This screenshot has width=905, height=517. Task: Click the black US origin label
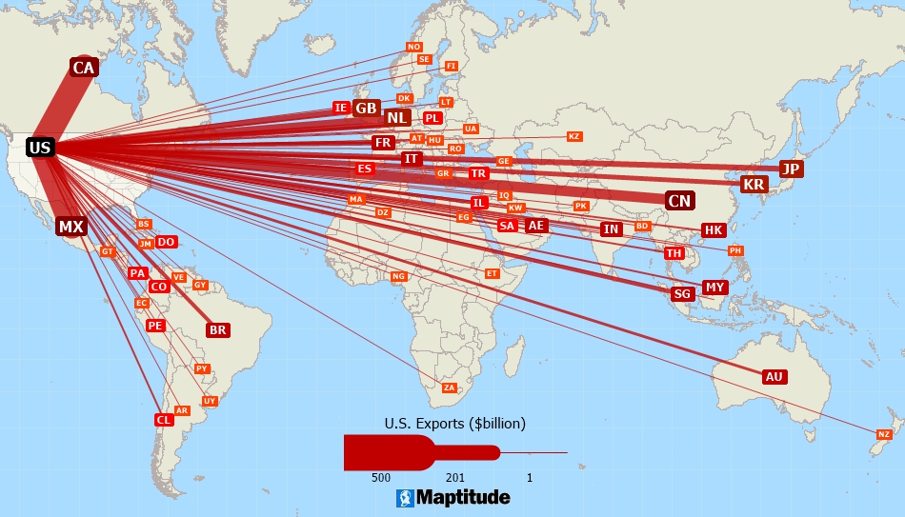pyautogui.click(x=39, y=148)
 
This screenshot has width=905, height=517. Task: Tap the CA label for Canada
pyautogui.click(x=84, y=68)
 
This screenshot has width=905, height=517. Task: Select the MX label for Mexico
pyautogui.click(x=70, y=227)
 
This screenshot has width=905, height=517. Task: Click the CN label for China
pyautogui.click(x=679, y=201)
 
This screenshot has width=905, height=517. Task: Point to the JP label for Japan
pyautogui.click(x=791, y=169)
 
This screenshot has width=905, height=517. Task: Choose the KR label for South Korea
pyautogui.click(x=754, y=184)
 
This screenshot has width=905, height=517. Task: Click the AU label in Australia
pyautogui.click(x=774, y=377)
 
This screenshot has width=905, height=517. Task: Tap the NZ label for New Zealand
pyautogui.click(x=884, y=434)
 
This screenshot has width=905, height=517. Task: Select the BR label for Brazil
pyautogui.click(x=218, y=330)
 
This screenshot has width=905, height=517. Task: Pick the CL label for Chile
pyautogui.click(x=163, y=420)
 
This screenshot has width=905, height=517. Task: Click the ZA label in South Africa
pyautogui.click(x=450, y=388)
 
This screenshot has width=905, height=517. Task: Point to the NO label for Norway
pyautogui.click(x=413, y=47)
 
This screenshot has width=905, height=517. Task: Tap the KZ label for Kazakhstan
pyautogui.click(x=573, y=136)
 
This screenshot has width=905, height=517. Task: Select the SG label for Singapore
pyautogui.click(x=682, y=294)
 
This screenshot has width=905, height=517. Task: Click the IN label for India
pyautogui.click(x=611, y=229)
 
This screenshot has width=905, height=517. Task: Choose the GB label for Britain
pyautogui.click(x=367, y=109)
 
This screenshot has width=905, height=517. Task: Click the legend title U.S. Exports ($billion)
pyautogui.click(x=455, y=423)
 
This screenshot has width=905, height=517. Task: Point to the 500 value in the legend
pyautogui.click(x=381, y=477)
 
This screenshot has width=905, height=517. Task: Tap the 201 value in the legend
pyautogui.click(x=454, y=477)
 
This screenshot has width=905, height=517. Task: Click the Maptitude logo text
pyautogui.click(x=463, y=497)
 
